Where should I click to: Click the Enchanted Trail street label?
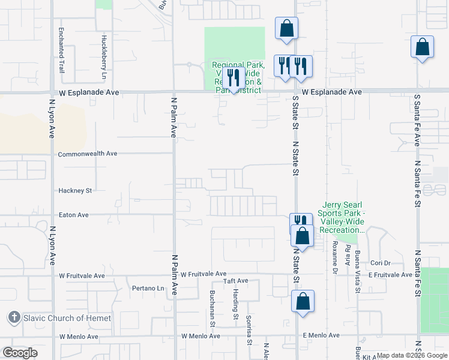[x=61, y=50]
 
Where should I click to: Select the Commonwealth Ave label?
[x=88, y=154]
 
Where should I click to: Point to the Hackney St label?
[x=74, y=191]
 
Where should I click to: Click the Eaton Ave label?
[x=73, y=215]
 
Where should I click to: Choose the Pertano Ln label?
[x=148, y=288]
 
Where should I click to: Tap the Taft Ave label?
[x=235, y=281]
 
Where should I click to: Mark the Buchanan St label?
[x=212, y=308]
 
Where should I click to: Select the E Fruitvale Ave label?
[x=390, y=275]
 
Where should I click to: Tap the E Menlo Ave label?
[x=321, y=335]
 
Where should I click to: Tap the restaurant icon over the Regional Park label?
[x=234, y=77]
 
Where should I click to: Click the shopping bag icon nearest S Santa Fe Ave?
[x=423, y=47]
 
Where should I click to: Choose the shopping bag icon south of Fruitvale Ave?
[x=303, y=301]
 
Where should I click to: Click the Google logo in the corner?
[x=20, y=353]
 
